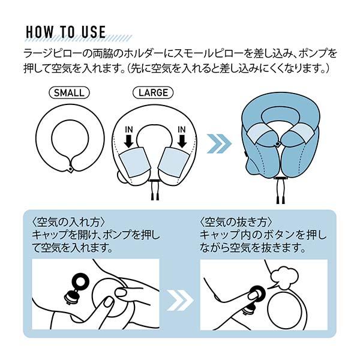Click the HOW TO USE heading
pos(67,31)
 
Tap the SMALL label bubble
pos(69,93)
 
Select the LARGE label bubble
pos(152,93)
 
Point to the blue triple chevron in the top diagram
pos(218,144)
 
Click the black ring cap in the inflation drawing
pos(80,281)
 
